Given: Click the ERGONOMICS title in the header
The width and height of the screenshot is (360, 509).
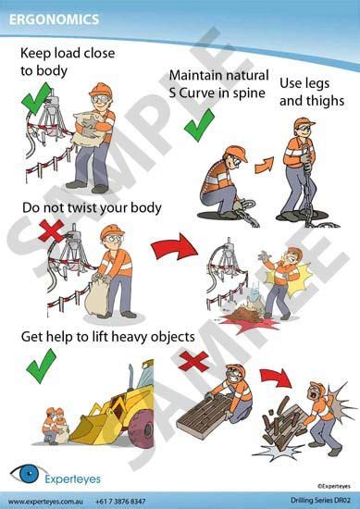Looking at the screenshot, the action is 54,19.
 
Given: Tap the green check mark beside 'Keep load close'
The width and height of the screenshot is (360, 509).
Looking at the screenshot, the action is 36,99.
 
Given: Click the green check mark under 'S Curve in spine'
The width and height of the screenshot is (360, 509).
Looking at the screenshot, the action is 199,126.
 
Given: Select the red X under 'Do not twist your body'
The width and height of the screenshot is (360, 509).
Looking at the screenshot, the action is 51,230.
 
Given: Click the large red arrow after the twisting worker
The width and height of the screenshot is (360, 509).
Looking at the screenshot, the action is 174,247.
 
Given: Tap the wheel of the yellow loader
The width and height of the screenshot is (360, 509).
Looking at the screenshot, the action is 142,429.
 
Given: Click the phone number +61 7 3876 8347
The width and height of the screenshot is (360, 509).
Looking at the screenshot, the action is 120,502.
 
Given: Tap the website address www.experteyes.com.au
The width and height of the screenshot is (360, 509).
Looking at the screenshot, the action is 45,502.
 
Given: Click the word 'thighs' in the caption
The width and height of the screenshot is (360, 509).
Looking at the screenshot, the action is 323,101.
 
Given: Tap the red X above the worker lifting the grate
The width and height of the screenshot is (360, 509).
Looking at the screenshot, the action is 193,361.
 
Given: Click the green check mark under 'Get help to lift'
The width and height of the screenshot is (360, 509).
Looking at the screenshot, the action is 41,366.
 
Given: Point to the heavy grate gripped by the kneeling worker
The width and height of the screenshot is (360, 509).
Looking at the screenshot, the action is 202,415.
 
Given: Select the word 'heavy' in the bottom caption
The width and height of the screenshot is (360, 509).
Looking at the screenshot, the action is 130,337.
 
